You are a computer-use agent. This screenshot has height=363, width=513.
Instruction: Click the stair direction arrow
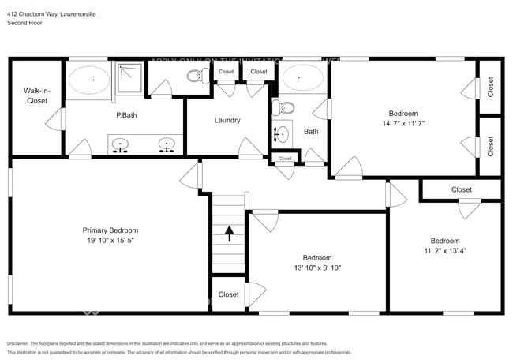[x=230, y=234]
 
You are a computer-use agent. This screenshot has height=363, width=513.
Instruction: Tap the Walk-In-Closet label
[x=36, y=96]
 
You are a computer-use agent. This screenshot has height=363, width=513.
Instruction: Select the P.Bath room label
[x=128, y=115]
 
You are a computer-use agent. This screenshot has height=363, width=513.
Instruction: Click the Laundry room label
[x=227, y=120]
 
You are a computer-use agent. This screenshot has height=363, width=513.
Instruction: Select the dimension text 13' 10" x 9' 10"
[x=318, y=268]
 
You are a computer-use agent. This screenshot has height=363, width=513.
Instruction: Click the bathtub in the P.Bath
[x=90, y=80]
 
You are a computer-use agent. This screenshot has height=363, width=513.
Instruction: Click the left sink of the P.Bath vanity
[x=120, y=144]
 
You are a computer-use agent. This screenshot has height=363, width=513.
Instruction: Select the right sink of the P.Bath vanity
[x=167, y=144]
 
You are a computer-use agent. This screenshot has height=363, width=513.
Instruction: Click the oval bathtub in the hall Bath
[x=303, y=78]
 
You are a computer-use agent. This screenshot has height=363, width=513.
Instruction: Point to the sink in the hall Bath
[x=281, y=132]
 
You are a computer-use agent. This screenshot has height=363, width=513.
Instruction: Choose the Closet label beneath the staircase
[x=229, y=294]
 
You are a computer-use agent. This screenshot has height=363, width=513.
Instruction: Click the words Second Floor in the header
[x=26, y=23]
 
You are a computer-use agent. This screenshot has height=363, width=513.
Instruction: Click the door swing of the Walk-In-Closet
[x=55, y=120]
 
